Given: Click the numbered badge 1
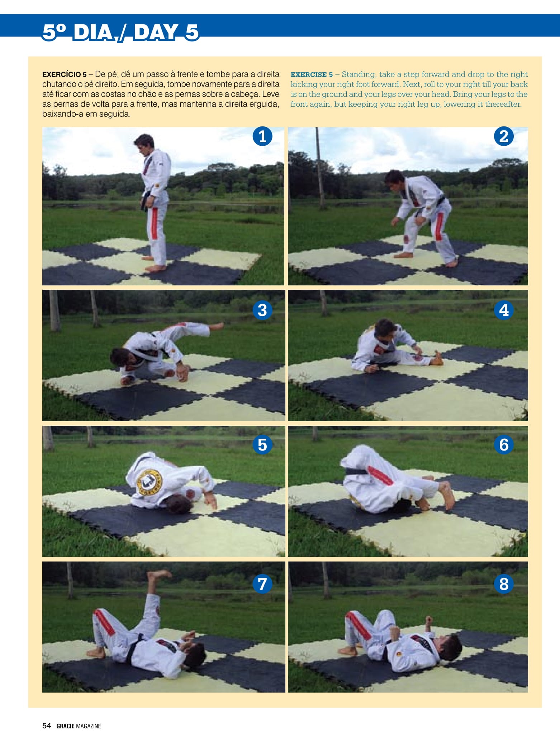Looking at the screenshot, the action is [x=262, y=136].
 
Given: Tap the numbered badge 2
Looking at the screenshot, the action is [x=504, y=136].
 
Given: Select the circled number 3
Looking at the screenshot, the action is [x=262, y=310].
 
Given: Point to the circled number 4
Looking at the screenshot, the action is [x=504, y=310].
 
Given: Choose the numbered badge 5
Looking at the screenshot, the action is [x=262, y=445].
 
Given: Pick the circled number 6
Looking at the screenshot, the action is [x=504, y=445].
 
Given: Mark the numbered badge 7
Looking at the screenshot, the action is [x=262, y=584].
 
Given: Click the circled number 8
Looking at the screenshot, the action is [x=504, y=584].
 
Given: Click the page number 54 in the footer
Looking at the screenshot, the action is [x=47, y=726].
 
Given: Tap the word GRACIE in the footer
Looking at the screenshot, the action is [x=65, y=726].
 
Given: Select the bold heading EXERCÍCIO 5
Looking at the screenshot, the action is [x=65, y=74].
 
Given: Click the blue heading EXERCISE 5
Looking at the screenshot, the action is [x=312, y=74].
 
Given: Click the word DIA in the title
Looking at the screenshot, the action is [x=93, y=32].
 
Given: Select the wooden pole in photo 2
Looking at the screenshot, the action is [x=319, y=168].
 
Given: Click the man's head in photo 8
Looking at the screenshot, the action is [x=449, y=648].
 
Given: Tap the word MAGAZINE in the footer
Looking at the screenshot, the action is [x=89, y=726].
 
